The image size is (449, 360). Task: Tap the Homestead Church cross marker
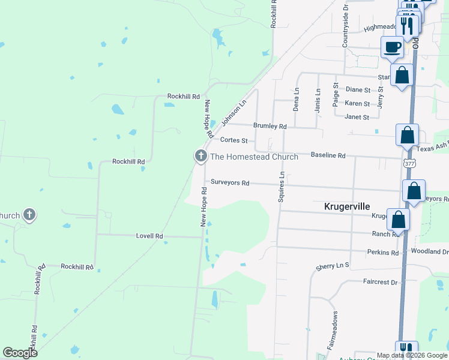pos(200,157)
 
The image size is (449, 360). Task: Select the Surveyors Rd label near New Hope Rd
pos(229,182)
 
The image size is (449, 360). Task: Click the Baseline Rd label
pos(328,155)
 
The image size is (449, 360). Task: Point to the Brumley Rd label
pos(270,127)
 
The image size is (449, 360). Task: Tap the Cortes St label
pos(234,140)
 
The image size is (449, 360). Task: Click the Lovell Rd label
pos(149,236)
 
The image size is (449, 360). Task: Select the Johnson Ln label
pos(234,112)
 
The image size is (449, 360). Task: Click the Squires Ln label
pos(280,186)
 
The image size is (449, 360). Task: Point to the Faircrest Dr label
pos(380,281)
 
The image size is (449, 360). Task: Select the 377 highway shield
pos(409,163)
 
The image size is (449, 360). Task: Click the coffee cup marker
pos(393,46)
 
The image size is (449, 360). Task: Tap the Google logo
pos(20,353)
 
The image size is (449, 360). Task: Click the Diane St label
pos(358,89)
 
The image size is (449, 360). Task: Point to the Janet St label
pos(357,117)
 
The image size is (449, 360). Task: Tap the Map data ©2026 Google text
pos(411,355)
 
